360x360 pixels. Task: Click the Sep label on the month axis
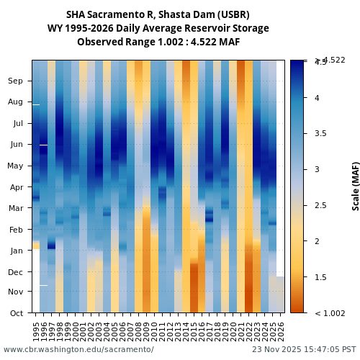tap(15, 81)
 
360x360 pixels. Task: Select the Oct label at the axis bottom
tap(15, 313)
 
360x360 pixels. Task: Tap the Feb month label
tap(15, 230)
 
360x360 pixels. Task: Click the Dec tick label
tap(15, 271)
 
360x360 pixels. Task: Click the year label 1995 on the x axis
tap(36, 330)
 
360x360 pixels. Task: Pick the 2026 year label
tap(281, 330)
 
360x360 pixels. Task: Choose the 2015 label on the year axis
tap(194, 330)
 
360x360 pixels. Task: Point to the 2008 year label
tap(139, 330)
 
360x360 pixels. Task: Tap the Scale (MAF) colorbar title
tap(356, 186)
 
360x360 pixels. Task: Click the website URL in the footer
tap(78, 349)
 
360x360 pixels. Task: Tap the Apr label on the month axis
tap(15, 186)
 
